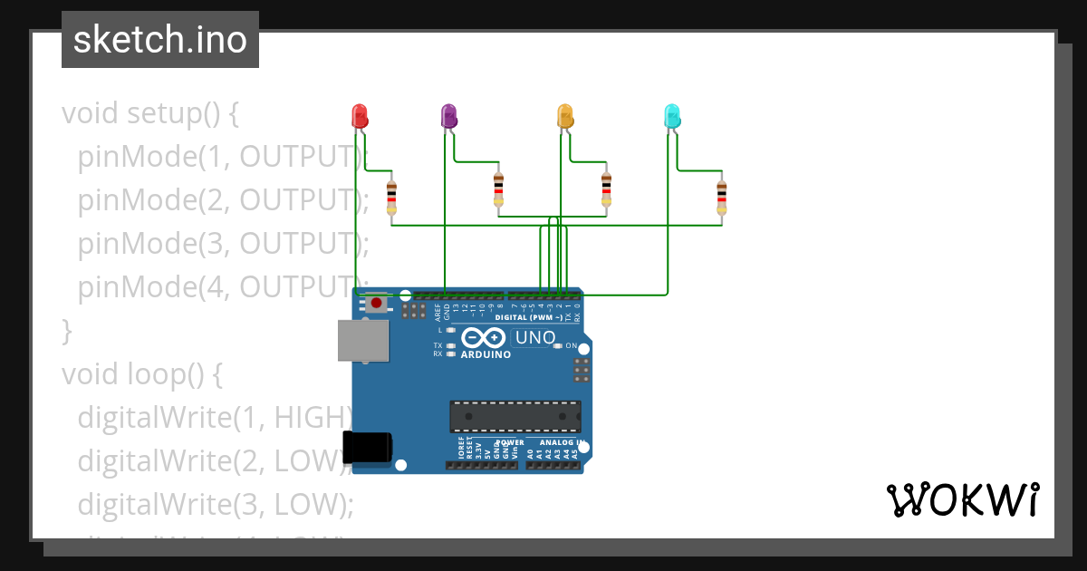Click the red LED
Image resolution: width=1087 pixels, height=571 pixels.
[x=360, y=116]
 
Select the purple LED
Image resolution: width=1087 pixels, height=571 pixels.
[x=448, y=116]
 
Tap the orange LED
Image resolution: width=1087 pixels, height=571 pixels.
[x=565, y=116]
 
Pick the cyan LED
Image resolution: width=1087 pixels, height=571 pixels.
[x=673, y=116]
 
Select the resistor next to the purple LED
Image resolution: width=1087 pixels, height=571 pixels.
[x=498, y=189]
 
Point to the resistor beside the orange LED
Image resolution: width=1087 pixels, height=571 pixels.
[x=607, y=189]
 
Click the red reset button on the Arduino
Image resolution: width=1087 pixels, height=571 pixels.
[x=376, y=304]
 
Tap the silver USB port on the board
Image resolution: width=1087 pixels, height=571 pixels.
[x=363, y=340]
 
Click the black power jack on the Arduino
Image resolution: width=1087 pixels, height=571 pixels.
[x=368, y=450]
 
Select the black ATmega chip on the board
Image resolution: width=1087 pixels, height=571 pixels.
[x=515, y=416]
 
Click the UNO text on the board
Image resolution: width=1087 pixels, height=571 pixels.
[x=534, y=338]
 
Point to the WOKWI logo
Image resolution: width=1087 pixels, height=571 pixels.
[x=962, y=499]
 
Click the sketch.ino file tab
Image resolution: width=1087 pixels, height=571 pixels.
[x=160, y=40]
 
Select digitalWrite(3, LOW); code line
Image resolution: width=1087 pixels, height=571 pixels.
[x=216, y=503]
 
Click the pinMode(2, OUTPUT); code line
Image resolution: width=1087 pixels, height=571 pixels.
[x=223, y=200]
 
